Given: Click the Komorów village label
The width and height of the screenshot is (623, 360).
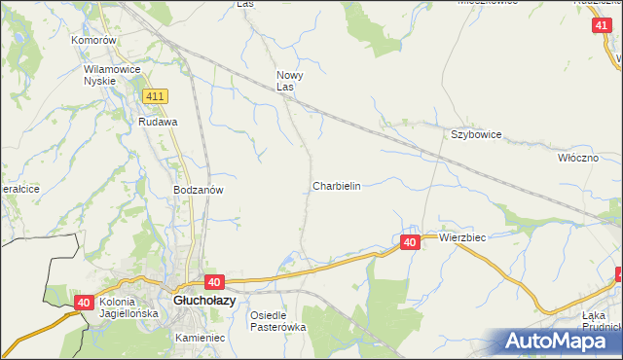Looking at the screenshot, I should click(93, 41).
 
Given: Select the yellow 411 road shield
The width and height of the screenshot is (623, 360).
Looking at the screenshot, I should click(155, 97).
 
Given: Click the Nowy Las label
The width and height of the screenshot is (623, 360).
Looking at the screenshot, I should click(290, 81).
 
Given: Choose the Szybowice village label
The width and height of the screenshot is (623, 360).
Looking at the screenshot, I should click(475, 135).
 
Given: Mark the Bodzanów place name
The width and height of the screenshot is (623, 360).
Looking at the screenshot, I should click(199, 191).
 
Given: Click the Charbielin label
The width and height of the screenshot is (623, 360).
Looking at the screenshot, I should click(337, 186).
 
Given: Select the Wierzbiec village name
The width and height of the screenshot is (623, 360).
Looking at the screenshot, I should click(462, 237).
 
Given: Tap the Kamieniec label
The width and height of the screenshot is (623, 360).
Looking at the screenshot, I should click(201, 338).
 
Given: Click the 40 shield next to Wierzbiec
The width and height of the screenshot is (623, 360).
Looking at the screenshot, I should click(410, 242).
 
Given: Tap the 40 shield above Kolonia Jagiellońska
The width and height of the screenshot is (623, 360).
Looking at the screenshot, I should click(84, 304).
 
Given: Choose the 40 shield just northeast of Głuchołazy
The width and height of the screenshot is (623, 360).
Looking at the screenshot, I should click(216, 281).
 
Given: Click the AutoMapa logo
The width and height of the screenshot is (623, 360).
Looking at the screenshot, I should click(560, 341).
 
